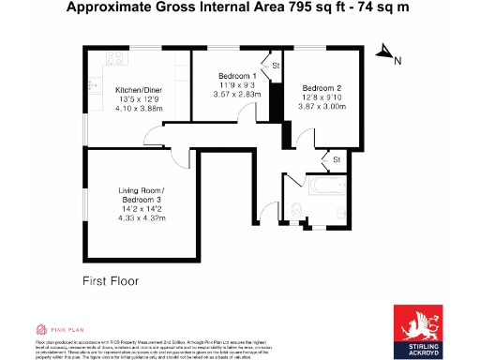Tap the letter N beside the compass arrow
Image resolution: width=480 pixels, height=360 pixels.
[x=397, y=62]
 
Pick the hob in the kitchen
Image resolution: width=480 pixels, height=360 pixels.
[x=116, y=58]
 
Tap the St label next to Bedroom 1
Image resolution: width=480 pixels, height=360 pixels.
[x=276, y=66]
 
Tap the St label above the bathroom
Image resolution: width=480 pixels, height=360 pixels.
[x=336, y=161]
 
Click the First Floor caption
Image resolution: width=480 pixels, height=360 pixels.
[x=105, y=280]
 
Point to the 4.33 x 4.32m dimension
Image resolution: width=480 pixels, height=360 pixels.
[x=142, y=217]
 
